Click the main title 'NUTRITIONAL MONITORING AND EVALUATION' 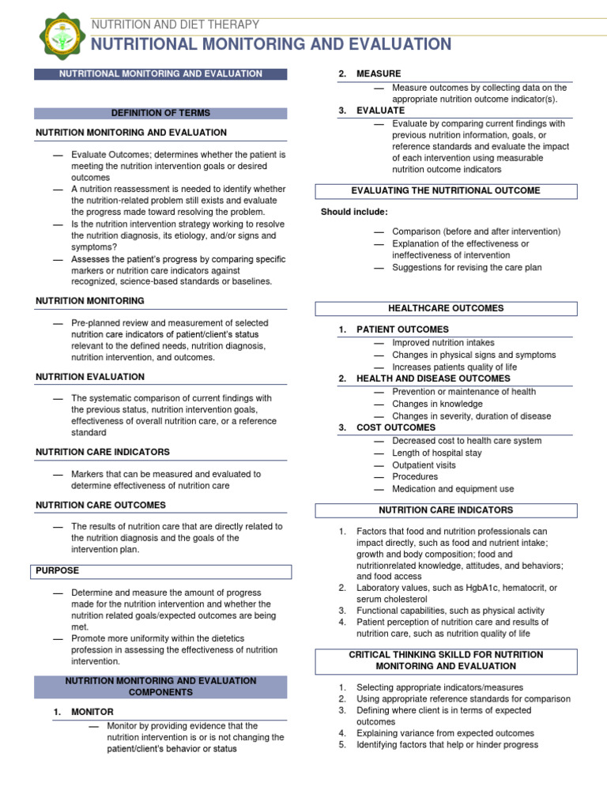coord(272,44)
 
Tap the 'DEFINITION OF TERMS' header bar coord(161,113)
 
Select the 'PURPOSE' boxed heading coord(58,570)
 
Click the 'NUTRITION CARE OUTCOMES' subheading coord(101,505)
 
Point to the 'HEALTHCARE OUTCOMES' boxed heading coord(446,309)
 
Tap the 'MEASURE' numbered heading coord(379,73)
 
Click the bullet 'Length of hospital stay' coord(437,453)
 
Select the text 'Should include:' coord(354,212)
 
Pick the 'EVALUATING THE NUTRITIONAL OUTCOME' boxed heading coord(446,191)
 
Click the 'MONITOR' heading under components coord(92,712)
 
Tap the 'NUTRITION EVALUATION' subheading coord(90,377)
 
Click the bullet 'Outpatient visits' coord(424,465)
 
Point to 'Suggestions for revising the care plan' coord(467,268)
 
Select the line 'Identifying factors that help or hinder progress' coord(447,745)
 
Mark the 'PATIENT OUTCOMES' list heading coord(402,329)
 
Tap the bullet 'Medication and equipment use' coord(453,489)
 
